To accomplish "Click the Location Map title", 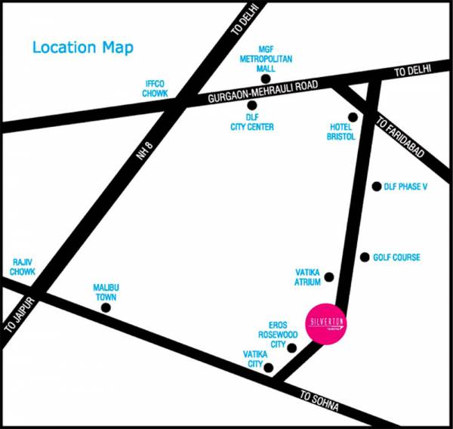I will [x=82, y=48].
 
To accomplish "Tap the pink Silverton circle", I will [x=327, y=324].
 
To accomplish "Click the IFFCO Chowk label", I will [x=155, y=88].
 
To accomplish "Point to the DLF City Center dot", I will [x=252, y=105].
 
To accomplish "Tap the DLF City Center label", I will [x=252, y=122].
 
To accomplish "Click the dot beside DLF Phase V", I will [x=377, y=187].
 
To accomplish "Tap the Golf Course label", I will [x=396, y=258].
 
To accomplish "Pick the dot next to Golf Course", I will [x=365, y=258].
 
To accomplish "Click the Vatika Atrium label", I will [x=308, y=276].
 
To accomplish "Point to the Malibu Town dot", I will [x=106, y=307].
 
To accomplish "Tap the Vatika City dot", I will [x=268, y=366].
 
